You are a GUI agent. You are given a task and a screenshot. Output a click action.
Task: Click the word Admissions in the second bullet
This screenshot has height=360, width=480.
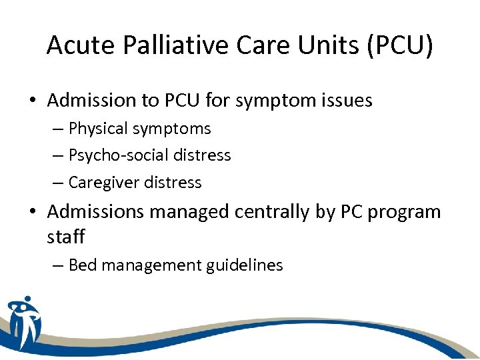coord(95,212)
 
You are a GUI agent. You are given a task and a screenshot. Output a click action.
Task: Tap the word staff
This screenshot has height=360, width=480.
coord(66,236)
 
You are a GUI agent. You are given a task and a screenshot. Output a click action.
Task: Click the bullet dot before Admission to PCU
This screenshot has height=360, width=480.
coord(33,101)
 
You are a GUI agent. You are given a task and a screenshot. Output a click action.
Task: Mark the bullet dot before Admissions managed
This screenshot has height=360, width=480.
coord(33,213)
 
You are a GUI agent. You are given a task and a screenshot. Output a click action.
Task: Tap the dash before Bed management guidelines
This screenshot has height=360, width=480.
coord(58,265)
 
